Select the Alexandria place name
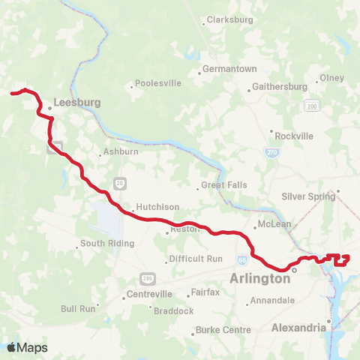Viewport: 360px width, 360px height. point(298,327)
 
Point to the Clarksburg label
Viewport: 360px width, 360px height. point(230,19)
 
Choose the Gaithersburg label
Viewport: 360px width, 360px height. point(280,86)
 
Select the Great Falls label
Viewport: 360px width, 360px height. point(224,185)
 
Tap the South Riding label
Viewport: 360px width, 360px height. point(107,243)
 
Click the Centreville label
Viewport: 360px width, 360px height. point(149,293)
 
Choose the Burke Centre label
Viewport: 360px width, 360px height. point(223,329)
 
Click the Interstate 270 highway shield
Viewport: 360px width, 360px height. point(269,152)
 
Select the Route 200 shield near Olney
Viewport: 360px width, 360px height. point(310,107)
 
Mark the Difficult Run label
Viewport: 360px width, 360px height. point(196,259)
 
